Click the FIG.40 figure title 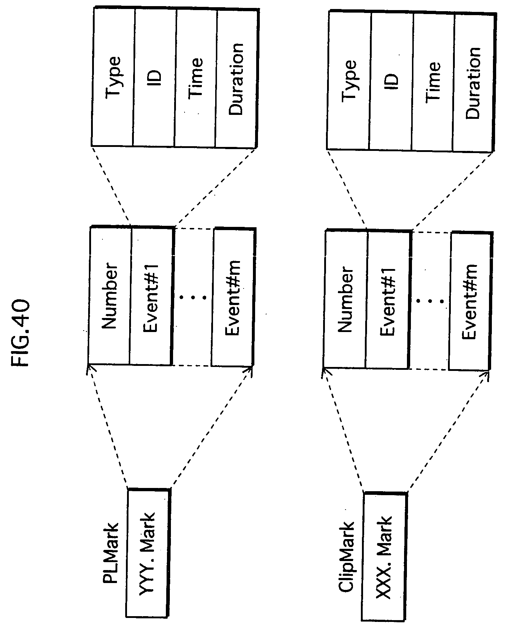point(20,331)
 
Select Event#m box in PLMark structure point(234,297)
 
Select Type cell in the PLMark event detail point(113,77)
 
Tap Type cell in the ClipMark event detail point(349,80)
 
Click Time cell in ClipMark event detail point(433,82)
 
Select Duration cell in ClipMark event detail point(474,82)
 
